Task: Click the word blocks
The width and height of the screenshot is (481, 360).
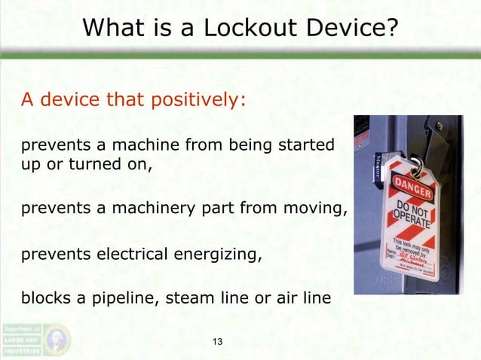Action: click(x=47, y=299)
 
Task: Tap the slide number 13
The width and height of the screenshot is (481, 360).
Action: click(x=219, y=343)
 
